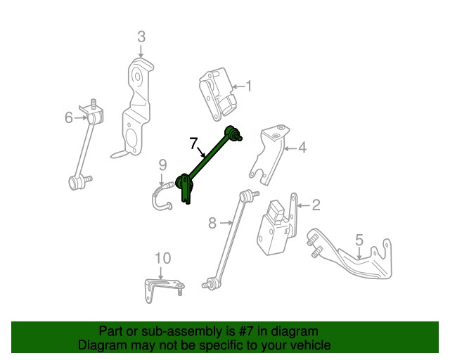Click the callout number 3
141,37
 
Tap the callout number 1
249,86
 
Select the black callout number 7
194,143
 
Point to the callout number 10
162,258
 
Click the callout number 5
359,240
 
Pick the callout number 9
162,165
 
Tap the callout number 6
69,117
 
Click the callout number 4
302,148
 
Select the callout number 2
316,205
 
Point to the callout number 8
212,223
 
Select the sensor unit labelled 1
219,94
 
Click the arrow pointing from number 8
226,222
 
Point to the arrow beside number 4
290,148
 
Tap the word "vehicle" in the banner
314,345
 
